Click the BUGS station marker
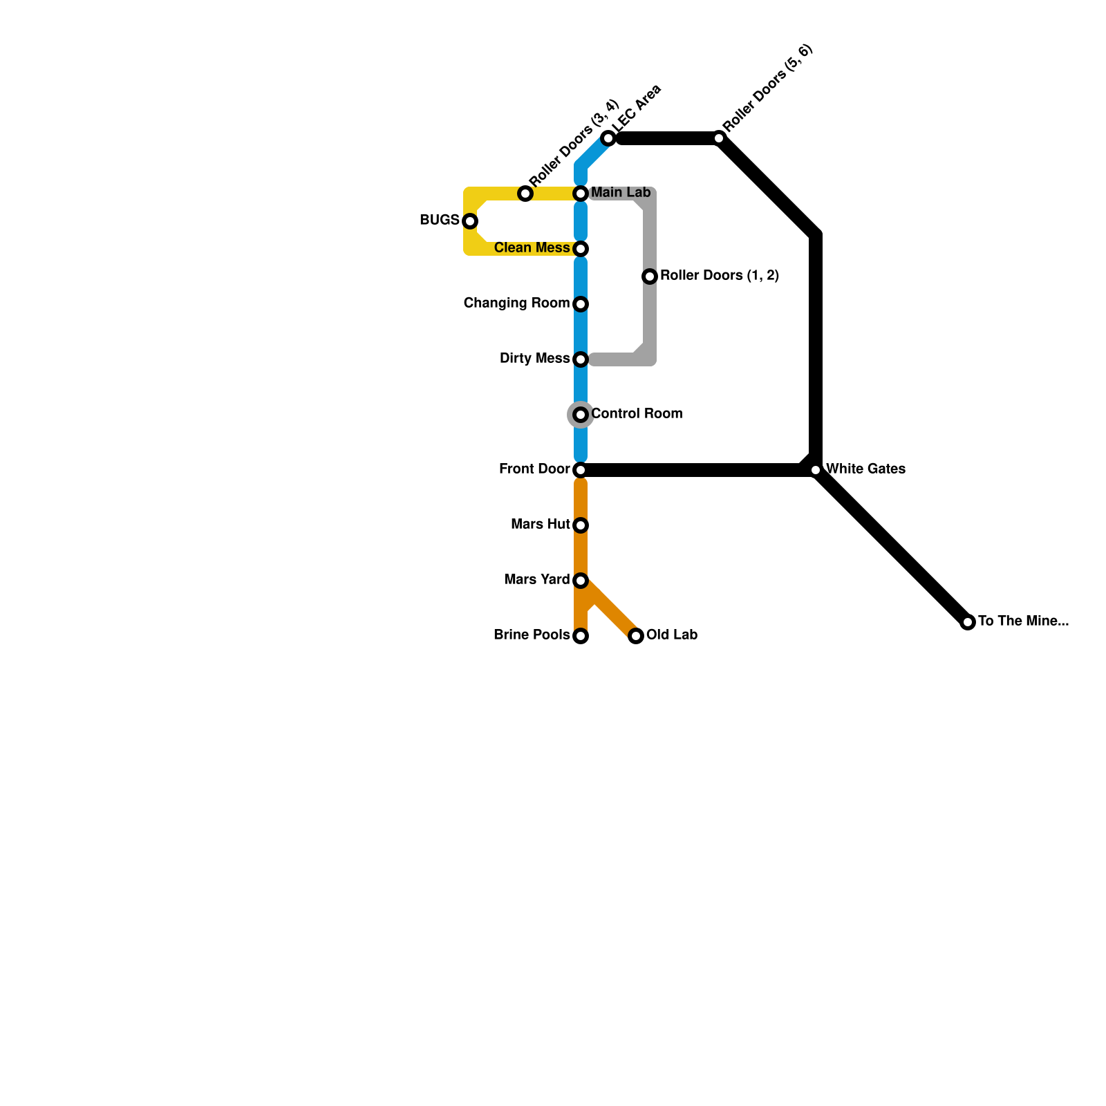tap(470, 221)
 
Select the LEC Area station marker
tap(608, 138)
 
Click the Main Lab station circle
tap(581, 194)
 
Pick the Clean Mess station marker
tap(581, 249)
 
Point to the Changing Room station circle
tap(581, 304)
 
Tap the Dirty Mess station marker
tap(581, 359)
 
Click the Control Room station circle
tap(581, 415)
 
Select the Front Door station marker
tap(581, 470)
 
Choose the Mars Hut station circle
tap(581, 525)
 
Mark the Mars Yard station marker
tap(581, 581)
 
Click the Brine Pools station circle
tap(581, 636)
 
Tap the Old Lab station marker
tap(636, 636)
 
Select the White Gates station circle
tap(816, 470)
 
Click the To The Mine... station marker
tap(968, 622)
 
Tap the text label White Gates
tap(865, 469)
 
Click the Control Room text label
tap(637, 413)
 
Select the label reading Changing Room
tap(516, 303)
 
